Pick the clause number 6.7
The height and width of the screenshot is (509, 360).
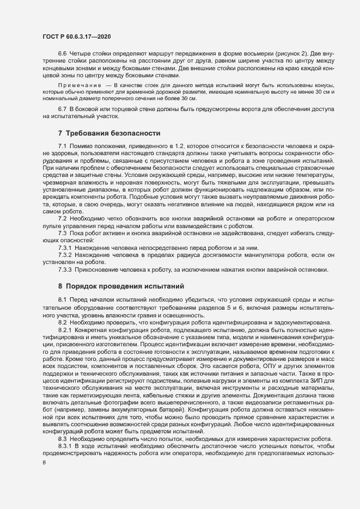point(62,111)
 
